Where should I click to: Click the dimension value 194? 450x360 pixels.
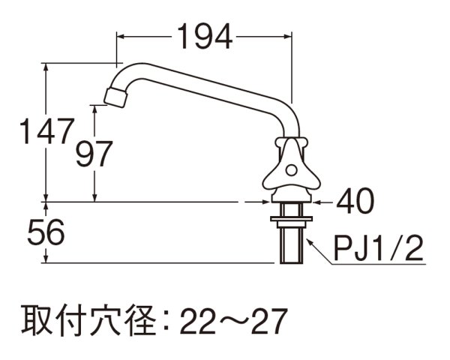pyautogui.click(x=204, y=35)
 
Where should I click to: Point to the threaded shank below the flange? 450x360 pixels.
pyautogui.click(x=289, y=244)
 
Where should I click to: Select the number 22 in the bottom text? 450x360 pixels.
pyautogui.click(x=198, y=322)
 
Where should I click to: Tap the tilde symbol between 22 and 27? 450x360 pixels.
pyautogui.click(x=232, y=322)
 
